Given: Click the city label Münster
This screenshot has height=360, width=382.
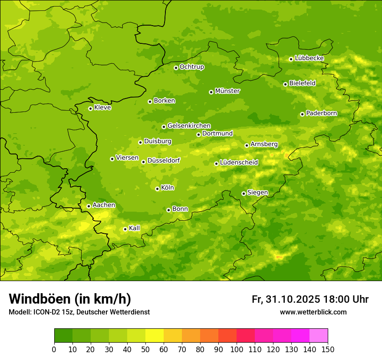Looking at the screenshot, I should [227, 91].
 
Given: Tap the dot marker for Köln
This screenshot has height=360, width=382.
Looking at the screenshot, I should [157, 189].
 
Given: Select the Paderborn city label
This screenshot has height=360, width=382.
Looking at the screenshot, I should [321, 113].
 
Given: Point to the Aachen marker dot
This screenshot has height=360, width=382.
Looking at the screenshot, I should [89, 206].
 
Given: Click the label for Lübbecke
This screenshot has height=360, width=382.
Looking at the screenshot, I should [309, 58].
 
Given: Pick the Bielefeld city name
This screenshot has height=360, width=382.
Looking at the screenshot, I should [302, 83].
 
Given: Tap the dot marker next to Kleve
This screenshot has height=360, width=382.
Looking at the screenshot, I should [90, 108].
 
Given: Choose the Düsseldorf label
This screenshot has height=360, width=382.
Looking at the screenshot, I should [163, 160].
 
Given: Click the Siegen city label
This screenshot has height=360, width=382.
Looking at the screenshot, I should [257, 193].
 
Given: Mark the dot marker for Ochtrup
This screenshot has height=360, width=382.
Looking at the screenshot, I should [176, 68].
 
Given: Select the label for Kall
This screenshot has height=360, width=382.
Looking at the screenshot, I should [134, 228].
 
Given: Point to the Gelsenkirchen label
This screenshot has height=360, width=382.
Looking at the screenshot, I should [189, 126].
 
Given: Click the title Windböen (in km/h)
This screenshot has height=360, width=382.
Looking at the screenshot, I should [70, 299].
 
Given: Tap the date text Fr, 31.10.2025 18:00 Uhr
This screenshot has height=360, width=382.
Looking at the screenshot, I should [310, 299].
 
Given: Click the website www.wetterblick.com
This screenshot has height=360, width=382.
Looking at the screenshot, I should [313, 312].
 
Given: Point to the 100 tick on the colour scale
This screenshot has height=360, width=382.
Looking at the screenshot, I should [237, 349].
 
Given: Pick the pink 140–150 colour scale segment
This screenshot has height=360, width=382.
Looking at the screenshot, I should [319, 336].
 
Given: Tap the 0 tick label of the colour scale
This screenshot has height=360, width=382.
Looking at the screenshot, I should [54, 349].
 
